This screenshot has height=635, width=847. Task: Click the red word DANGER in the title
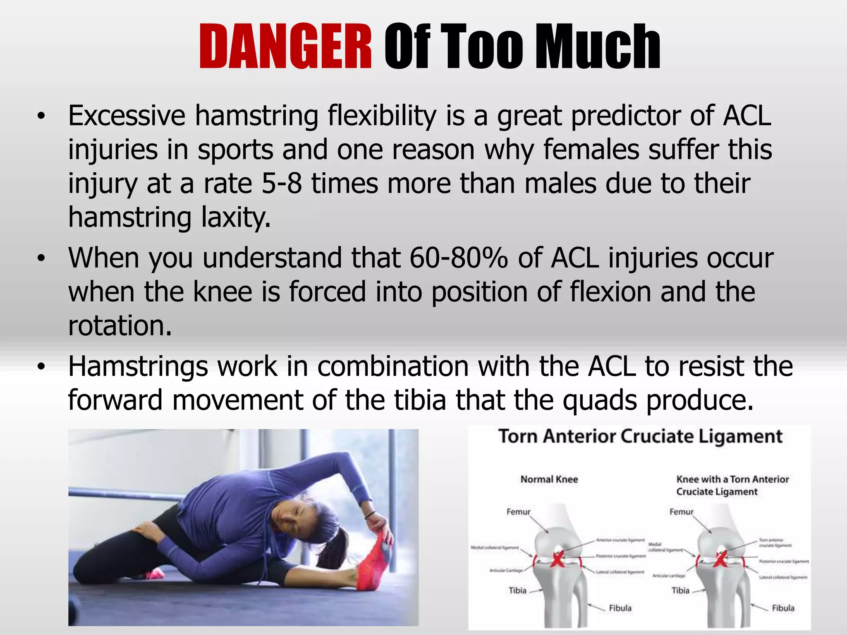285,46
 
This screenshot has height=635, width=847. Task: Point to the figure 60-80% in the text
459,258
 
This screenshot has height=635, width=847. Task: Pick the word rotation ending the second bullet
120,326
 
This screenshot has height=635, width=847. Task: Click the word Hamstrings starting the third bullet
138,366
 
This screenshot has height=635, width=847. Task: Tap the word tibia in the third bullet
420,400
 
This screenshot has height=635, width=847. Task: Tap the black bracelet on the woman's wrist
370,515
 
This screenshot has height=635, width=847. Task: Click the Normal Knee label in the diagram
549,480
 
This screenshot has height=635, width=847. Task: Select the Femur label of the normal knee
518,512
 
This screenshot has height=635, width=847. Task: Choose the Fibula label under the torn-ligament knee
783,608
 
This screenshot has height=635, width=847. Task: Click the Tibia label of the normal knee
517,590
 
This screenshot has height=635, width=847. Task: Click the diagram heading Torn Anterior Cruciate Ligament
640,437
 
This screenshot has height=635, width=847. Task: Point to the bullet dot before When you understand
40,259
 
